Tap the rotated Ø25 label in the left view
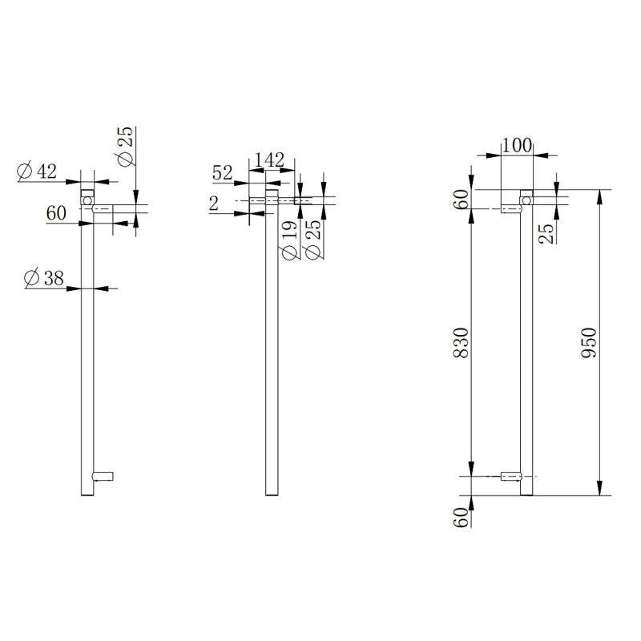126,147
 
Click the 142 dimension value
268,160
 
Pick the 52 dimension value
224,171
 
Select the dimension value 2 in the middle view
213,204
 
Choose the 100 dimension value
518,146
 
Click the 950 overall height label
591,344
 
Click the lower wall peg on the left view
104,476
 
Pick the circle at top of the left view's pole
87,195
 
